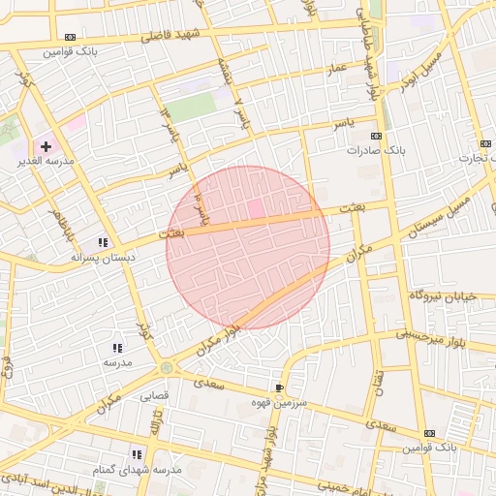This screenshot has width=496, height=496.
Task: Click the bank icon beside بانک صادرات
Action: coord(377,137)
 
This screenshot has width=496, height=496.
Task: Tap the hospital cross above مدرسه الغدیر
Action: coord(46,146)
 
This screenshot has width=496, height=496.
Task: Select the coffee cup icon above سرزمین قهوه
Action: coord(280,387)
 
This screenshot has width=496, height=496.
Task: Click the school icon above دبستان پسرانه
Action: coord(103,242)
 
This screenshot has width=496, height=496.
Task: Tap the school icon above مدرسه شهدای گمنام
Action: coord(137,453)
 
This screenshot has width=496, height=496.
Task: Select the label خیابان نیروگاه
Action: coord(444,294)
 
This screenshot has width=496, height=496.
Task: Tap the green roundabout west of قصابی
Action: coord(167,368)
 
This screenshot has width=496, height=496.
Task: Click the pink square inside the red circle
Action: coord(256,208)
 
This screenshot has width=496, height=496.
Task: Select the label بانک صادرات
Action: coord(376,151)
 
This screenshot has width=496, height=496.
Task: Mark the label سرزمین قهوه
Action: coord(279,402)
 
